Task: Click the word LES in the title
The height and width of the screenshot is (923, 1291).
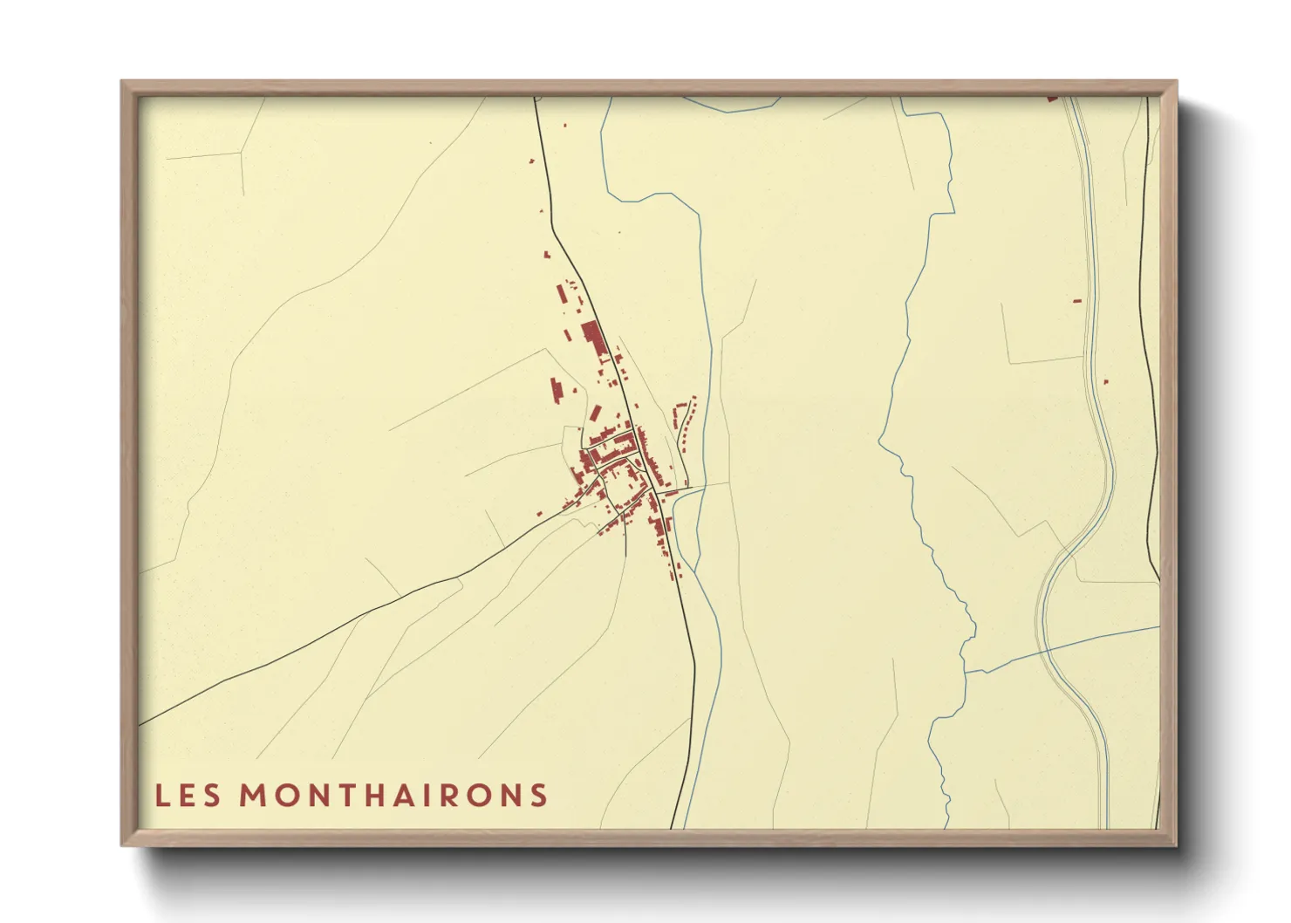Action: click(188, 795)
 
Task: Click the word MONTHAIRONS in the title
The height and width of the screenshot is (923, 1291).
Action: click(393, 795)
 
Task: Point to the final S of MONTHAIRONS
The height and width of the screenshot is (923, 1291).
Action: click(538, 795)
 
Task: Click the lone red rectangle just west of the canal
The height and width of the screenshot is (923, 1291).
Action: click(1076, 301)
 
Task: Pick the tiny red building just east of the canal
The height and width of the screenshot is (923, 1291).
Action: click(1105, 382)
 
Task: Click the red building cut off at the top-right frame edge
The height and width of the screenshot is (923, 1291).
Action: click(1051, 99)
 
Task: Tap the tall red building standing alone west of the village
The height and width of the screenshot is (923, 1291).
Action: click(555, 390)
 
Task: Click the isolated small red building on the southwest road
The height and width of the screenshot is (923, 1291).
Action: click(540, 514)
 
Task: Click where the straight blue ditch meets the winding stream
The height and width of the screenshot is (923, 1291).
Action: click(966, 672)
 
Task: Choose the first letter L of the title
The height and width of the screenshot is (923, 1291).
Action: click(161, 795)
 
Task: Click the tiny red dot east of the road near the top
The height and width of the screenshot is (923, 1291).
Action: click(564, 126)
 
